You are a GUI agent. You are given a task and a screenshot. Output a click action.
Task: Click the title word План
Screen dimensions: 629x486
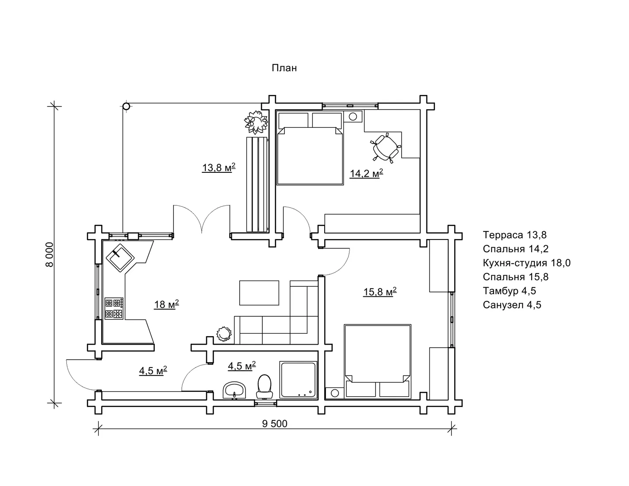pyautogui.click(x=284, y=68)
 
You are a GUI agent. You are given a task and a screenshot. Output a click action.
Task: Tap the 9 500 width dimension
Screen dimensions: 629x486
pyautogui.click(x=274, y=424)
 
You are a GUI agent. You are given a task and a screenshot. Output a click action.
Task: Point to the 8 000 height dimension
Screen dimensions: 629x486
pyautogui.click(x=50, y=254)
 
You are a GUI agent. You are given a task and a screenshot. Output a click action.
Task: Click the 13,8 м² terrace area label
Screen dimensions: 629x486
pyautogui.click(x=219, y=167)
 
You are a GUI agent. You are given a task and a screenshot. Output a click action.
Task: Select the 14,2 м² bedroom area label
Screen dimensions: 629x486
pyautogui.click(x=366, y=173)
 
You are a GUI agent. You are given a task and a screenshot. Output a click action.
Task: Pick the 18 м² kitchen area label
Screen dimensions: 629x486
pyautogui.click(x=166, y=304)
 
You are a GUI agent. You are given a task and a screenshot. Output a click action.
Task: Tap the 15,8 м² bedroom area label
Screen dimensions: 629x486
pyautogui.click(x=380, y=292)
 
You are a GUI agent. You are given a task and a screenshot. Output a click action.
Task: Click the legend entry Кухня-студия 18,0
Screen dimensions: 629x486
pyautogui.click(x=526, y=263)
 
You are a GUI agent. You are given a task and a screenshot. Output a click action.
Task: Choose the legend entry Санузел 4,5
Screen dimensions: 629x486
pyautogui.click(x=512, y=305)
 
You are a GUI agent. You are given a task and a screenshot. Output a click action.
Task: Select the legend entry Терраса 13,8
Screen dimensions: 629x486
pyautogui.click(x=515, y=235)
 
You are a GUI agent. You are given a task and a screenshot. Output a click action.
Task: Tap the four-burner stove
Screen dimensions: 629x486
pyautogui.click(x=114, y=308)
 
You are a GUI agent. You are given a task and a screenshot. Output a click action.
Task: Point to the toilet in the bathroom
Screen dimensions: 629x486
pyautogui.click(x=264, y=387)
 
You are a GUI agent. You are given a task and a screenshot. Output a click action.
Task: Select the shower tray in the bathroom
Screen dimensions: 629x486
pyautogui.click(x=299, y=380)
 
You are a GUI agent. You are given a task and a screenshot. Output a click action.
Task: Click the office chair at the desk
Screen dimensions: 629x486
pyautogui.click(x=386, y=148)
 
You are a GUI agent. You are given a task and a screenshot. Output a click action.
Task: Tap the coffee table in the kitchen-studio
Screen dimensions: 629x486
pyautogui.click(x=259, y=292)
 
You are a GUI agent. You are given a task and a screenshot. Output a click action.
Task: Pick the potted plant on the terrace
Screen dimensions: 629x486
pyautogui.click(x=256, y=122)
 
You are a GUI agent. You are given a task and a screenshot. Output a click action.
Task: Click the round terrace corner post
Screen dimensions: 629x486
pyautogui.click(x=126, y=106)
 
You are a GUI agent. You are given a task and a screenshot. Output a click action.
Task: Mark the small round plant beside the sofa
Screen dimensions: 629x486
pyautogui.click(x=224, y=334)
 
